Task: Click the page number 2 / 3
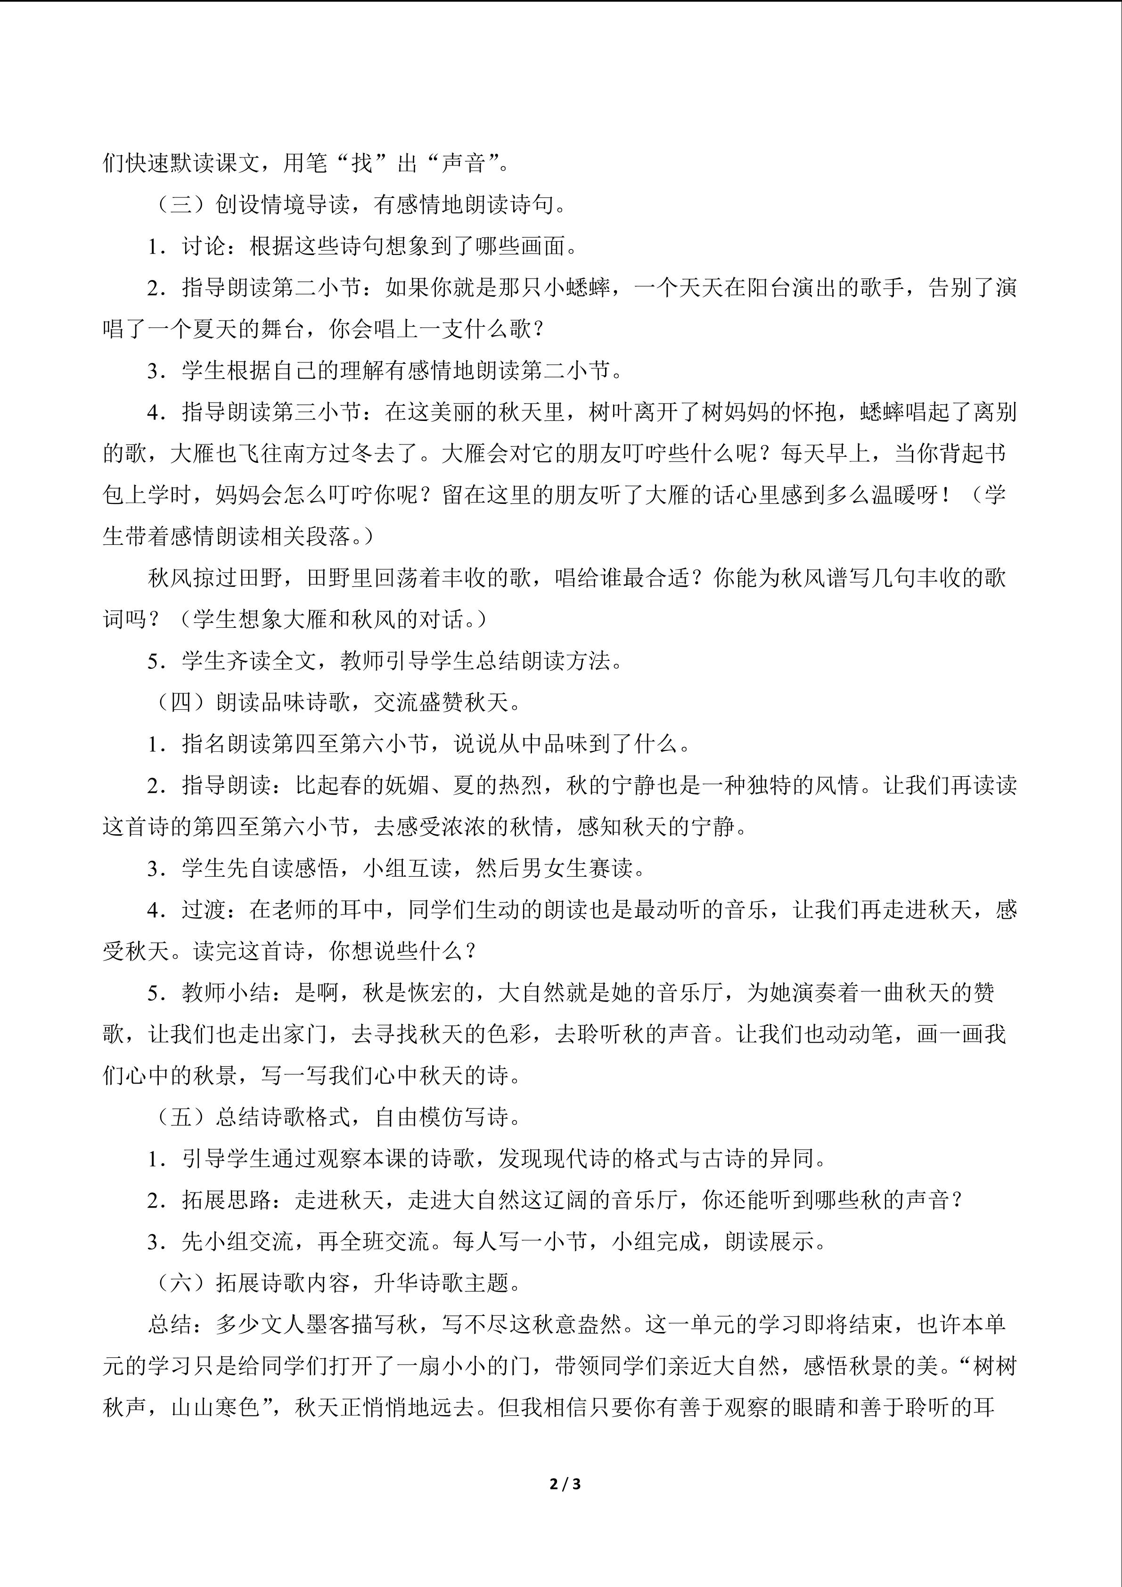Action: coord(564,1483)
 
